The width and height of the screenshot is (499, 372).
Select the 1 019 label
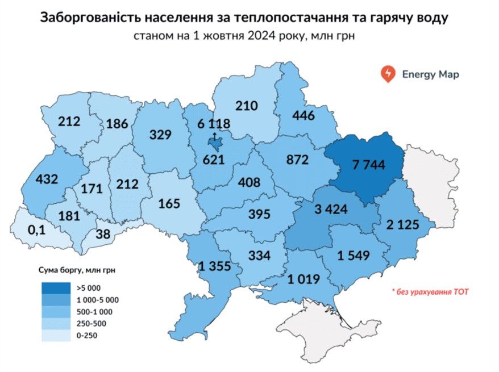(303, 279)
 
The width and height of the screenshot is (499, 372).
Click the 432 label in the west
(47, 179)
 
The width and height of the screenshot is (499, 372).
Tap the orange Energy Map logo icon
(389, 74)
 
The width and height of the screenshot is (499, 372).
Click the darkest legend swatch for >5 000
(53, 287)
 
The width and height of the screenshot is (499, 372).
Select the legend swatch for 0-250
(53, 336)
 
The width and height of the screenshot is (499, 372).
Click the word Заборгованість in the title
(102, 18)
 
